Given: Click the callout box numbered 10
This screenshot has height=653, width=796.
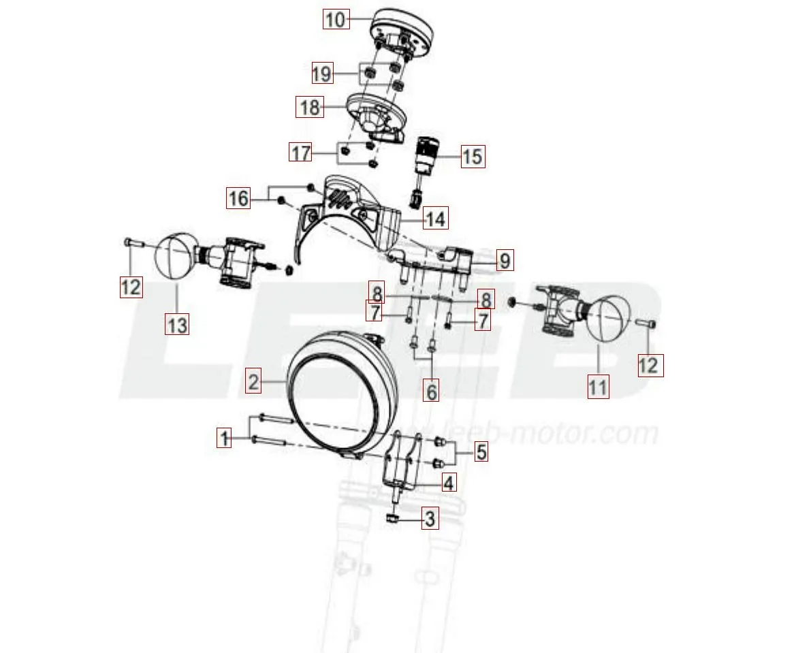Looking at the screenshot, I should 336,19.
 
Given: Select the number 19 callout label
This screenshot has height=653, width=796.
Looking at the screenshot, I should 322,73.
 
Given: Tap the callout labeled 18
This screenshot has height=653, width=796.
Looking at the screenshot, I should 309,108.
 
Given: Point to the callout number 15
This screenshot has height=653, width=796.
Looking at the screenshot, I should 472,157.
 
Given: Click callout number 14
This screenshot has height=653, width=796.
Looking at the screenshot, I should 434,219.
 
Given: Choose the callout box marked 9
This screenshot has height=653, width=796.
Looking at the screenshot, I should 503,260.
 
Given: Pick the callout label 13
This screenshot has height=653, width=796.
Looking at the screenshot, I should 176,325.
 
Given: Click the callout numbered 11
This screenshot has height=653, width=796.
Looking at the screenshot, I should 598,387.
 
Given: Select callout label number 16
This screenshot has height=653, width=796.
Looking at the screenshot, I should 238,199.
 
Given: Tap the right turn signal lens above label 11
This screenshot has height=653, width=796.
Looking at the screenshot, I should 609,317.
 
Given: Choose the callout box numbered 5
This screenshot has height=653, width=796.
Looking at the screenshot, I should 481,451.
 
